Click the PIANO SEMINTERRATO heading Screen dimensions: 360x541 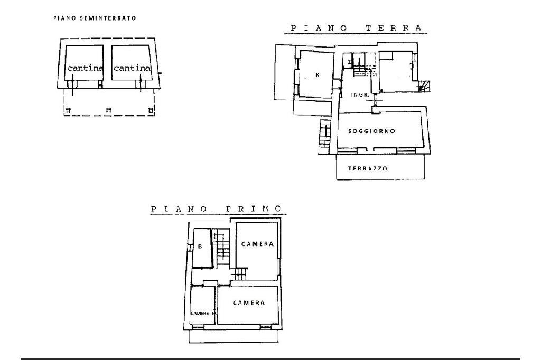[x=95, y=18]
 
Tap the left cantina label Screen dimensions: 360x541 [x=85, y=68]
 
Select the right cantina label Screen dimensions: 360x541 [x=132, y=68]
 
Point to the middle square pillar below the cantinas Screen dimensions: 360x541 [x=108, y=110]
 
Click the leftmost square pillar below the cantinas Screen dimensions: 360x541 [x=68, y=110]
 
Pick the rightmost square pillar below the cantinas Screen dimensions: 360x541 [x=151, y=110]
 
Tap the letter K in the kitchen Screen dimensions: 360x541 [x=317, y=75]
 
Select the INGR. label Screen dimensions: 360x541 [x=358, y=95]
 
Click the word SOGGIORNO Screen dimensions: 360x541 [x=372, y=131]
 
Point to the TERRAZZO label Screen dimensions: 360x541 [x=368, y=168]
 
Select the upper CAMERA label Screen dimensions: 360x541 [x=257, y=244]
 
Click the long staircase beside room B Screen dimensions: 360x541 [x=223, y=246]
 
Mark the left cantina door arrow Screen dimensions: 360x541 [x=73, y=84]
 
